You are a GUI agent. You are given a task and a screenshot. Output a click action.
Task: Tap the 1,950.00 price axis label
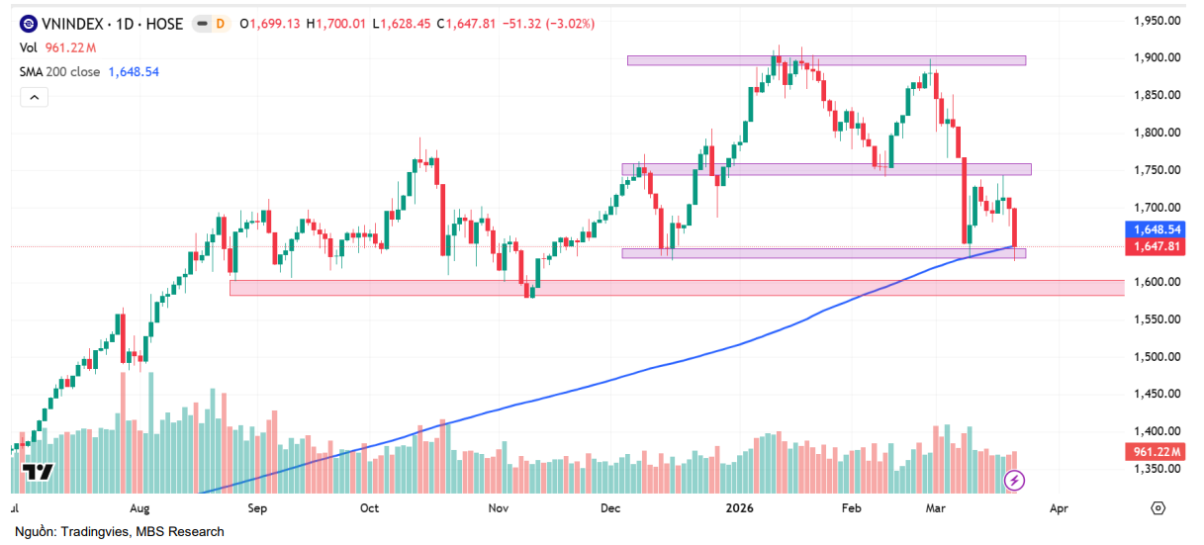coord(1157,21)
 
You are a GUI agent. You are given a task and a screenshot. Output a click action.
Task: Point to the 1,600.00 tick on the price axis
coord(1157,282)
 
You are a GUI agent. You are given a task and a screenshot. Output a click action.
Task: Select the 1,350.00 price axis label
coord(1157,469)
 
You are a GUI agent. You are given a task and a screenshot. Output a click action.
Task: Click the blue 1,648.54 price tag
coord(1158,229)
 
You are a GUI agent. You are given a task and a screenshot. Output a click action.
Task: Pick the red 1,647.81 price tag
coord(1158,246)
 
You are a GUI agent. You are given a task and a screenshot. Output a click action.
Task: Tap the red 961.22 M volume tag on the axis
coord(1158,452)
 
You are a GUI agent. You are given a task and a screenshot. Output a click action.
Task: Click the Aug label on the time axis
coord(139,508)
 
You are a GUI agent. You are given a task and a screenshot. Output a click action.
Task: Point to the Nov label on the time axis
coord(498,508)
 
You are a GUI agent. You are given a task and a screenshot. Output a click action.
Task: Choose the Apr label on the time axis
coord(1058,508)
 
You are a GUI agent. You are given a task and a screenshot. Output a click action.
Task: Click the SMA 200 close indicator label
coord(59,71)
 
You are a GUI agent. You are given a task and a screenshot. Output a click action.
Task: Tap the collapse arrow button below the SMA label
coord(34,97)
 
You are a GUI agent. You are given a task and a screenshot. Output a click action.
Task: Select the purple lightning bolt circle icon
coord(1014,481)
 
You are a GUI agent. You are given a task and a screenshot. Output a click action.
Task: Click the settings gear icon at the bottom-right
coord(1158,508)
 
